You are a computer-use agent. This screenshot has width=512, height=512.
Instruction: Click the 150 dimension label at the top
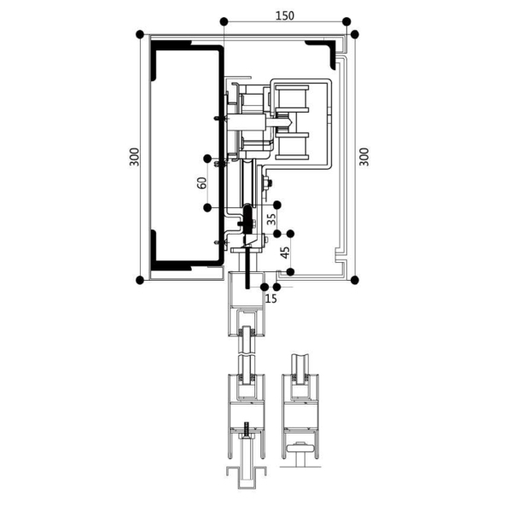(x=286, y=15)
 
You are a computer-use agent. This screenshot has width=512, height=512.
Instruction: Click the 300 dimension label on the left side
(x=135, y=156)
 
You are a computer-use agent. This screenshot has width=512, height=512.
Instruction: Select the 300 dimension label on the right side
(x=364, y=156)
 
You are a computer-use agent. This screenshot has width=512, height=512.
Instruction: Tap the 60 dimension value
(x=201, y=183)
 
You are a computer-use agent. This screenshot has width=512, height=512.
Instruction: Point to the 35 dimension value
(x=271, y=218)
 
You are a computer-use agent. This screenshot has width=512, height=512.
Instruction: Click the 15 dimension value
(x=271, y=298)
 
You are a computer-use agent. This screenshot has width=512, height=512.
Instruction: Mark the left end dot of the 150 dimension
(x=223, y=21)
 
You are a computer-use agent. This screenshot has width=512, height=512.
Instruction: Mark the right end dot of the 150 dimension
(x=346, y=21)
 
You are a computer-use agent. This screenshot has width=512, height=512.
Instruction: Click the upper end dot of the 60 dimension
(x=207, y=157)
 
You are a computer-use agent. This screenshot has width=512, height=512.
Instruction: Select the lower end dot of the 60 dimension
(x=207, y=207)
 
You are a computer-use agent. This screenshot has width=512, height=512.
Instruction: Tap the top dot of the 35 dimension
(x=277, y=204)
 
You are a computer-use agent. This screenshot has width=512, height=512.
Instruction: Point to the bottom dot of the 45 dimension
(x=291, y=272)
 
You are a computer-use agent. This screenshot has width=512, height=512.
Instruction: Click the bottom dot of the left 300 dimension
(x=140, y=279)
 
